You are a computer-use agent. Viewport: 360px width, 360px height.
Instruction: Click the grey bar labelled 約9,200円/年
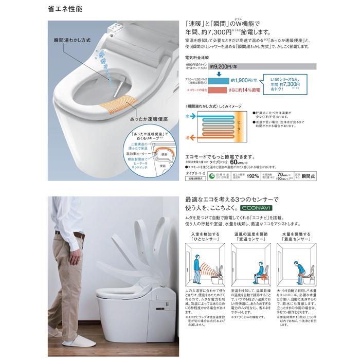tap(257, 66)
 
